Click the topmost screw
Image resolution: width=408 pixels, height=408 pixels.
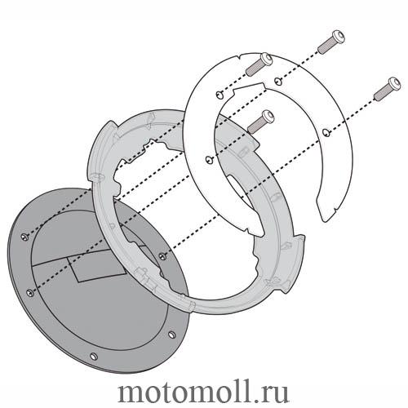click(x=331, y=42)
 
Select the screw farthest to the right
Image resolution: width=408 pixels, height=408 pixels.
click(x=387, y=88)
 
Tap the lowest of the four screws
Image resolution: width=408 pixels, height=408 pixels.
click(x=260, y=122)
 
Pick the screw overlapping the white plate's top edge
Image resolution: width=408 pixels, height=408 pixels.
click(x=259, y=64)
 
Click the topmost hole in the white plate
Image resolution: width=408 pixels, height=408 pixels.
click(x=277, y=80)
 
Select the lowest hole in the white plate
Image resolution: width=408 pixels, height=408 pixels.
click(x=209, y=160)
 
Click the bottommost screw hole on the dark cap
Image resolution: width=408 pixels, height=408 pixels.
click(x=94, y=356)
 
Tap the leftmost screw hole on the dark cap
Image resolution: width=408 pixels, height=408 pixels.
click(x=24, y=237)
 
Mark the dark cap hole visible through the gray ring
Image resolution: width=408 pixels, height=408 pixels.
click(x=162, y=255)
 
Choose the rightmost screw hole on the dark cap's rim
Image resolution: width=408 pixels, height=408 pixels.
click(x=171, y=335)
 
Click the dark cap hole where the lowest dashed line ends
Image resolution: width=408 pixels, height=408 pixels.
click(x=30, y=293)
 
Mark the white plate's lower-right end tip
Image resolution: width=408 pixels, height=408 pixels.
click(x=326, y=222)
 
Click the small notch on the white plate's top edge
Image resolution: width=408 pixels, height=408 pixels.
click(x=238, y=57)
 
